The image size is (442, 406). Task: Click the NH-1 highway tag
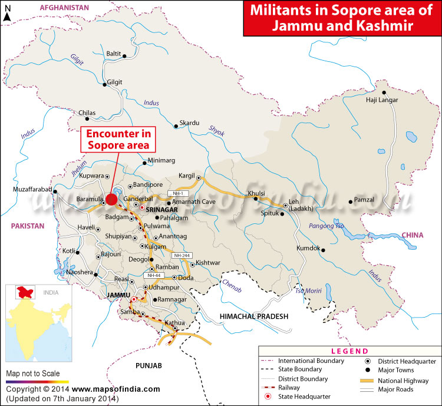coord(176,193)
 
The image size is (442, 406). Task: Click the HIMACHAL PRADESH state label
coord(254,316)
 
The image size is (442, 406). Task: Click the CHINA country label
coord(413,235)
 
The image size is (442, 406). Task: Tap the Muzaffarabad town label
coord(32,189)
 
